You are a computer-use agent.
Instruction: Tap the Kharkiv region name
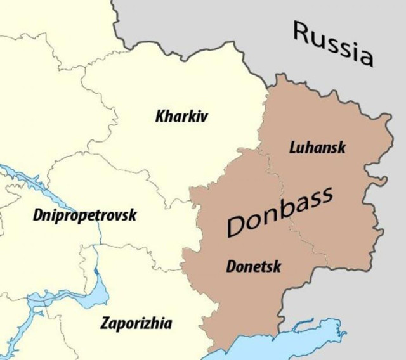tap(181, 117)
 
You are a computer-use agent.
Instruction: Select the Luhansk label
tap(317, 148)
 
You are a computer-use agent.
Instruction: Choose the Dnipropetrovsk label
tap(84, 216)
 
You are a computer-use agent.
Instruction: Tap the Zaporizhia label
tap(136, 324)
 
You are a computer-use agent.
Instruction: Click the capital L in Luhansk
tap(292, 147)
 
